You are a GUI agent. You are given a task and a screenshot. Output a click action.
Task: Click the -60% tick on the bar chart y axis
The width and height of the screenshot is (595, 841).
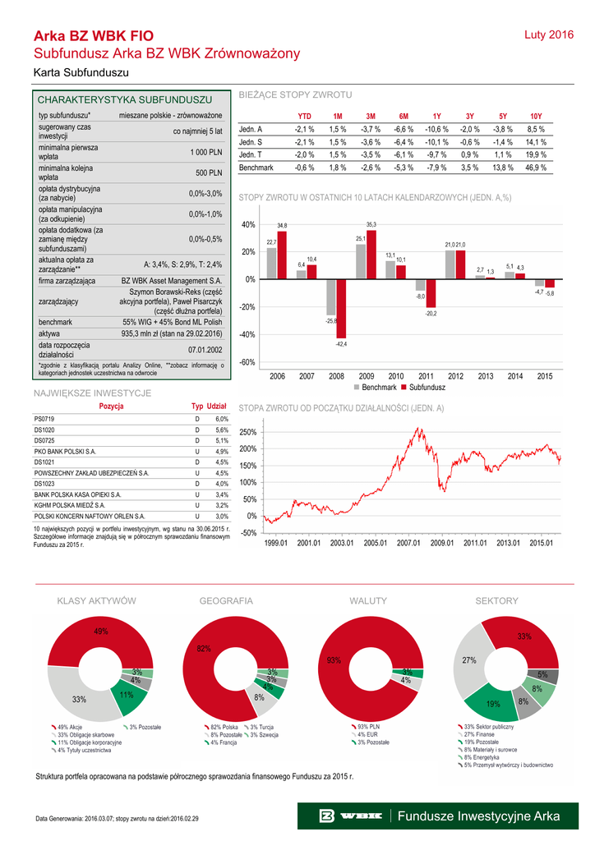247,362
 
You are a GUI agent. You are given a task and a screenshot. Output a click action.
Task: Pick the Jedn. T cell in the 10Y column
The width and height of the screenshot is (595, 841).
536,154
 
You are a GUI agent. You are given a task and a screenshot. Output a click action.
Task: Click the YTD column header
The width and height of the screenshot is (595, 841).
304,117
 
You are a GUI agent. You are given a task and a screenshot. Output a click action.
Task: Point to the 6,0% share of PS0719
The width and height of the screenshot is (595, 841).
222,419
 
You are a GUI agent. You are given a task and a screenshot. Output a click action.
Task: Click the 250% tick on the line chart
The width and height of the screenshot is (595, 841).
247,432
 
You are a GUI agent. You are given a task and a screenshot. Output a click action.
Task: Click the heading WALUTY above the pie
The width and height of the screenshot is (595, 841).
368,601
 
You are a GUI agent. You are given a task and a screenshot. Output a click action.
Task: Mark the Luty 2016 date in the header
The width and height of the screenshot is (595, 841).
548,34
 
